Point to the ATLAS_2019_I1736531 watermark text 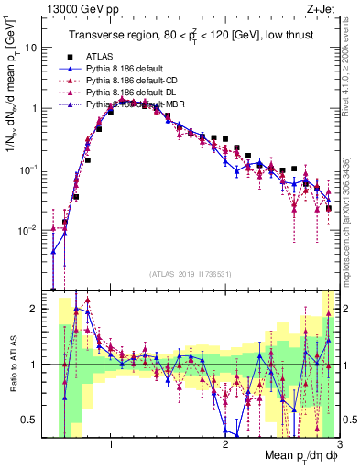click(x=191, y=275)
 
